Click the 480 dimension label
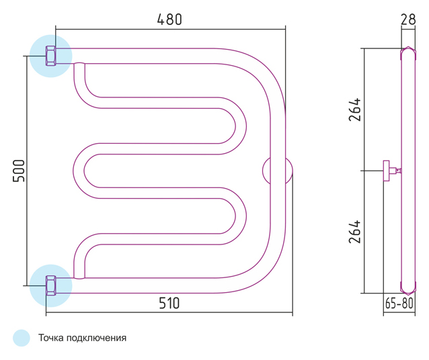coord(169,19)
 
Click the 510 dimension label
coord(169,303)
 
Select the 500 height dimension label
coord(19,171)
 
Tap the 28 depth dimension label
coord(408,19)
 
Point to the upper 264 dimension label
coord(355,109)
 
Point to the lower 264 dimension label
coord(355,232)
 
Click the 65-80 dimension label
coord(399,303)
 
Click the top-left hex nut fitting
coord(50,56)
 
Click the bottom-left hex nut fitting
coord(50,285)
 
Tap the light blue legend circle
coord(22,338)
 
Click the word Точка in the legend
coord(51,338)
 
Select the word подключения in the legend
coord(97,339)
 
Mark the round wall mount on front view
coord(278,171)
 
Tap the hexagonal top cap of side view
coord(408,53)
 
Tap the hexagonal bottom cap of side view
coord(408,288)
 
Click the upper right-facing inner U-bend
coord(241,126)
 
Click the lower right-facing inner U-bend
coord(241,216)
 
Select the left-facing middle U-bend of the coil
coord(79,171)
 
